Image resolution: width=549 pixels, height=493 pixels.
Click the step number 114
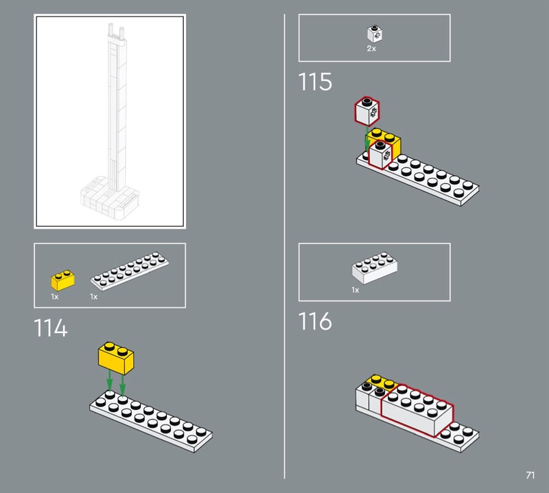(x=50, y=328)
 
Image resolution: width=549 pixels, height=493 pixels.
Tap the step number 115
(x=315, y=82)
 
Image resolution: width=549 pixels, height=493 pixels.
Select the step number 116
(x=315, y=321)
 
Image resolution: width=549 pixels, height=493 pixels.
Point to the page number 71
(x=530, y=475)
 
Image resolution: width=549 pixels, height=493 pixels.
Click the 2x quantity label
(x=371, y=49)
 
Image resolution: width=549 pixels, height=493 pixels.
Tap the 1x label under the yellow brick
(x=55, y=297)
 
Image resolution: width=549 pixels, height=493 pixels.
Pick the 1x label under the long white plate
(x=93, y=297)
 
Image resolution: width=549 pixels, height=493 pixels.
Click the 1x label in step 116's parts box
(x=355, y=290)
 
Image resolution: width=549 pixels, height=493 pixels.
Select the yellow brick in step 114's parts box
(x=62, y=280)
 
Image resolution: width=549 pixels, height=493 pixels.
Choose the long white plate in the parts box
(x=130, y=271)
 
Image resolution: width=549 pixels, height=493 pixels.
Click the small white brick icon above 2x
(x=375, y=34)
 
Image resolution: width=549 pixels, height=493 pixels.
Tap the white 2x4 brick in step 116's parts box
(x=375, y=267)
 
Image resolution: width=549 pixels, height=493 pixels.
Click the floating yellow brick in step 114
(x=116, y=358)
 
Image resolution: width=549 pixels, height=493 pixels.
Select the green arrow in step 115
(x=367, y=139)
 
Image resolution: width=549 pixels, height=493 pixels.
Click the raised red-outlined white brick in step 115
(x=367, y=111)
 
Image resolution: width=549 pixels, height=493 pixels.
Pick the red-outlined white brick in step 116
(x=417, y=410)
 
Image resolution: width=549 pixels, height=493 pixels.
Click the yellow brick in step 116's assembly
(x=382, y=382)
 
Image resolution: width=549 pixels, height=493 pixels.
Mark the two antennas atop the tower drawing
(x=116, y=31)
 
